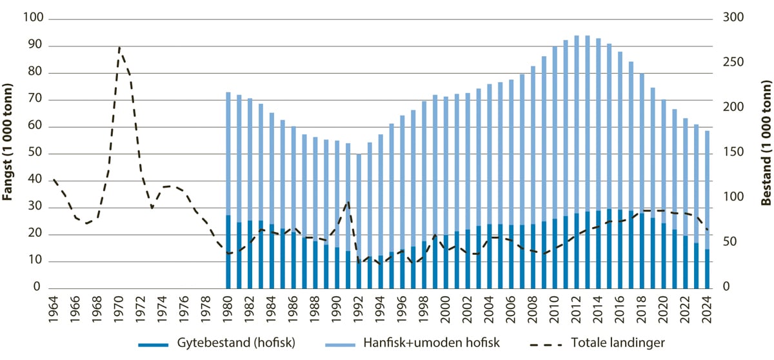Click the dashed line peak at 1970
point(119,48)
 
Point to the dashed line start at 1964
point(54,179)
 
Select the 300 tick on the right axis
point(726,19)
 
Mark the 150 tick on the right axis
point(726,154)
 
